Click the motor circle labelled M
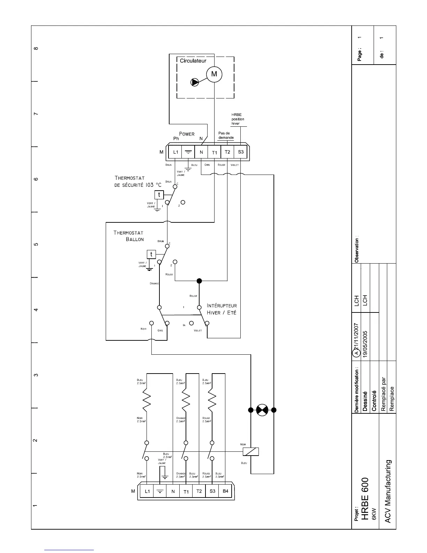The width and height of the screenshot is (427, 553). (x=214, y=74)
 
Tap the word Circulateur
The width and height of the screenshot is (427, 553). (x=193, y=61)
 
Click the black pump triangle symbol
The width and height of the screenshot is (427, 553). (x=194, y=82)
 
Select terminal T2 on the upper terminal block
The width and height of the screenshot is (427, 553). (x=227, y=152)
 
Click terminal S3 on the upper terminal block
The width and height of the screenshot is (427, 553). (x=240, y=152)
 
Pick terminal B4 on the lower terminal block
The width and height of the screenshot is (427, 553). (x=225, y=491)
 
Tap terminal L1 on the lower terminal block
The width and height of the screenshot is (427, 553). (x=147, y=492)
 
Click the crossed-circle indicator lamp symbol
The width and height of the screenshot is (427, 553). (x=262, y=410)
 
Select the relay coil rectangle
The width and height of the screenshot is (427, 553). (x=250, y=451)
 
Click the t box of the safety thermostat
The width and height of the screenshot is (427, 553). (x=159, y=195)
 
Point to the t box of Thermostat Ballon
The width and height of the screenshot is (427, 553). (x=151, y=254)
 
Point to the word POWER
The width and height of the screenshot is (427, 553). (x=187, y=134)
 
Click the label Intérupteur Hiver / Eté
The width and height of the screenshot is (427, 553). (x=222, y=309)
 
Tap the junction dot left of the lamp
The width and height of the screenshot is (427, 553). (x=250, y=410)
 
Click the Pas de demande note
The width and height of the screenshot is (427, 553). (x=226, y=135)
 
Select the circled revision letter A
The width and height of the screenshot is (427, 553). (x=357, y=353)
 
